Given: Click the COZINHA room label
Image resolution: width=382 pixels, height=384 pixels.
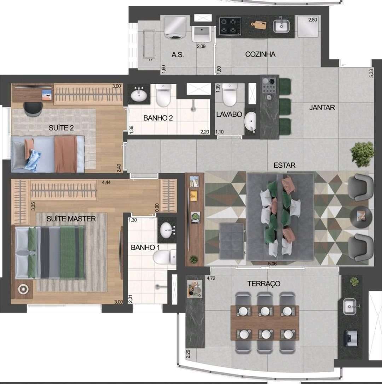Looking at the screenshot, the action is click(x=260, y=54).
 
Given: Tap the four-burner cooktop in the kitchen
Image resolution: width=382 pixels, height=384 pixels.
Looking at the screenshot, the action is click(x=230, y=27).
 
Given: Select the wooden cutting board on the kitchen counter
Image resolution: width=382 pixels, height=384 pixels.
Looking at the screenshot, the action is click(x=259, y=25).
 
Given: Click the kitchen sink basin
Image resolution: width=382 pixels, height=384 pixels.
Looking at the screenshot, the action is click(x=281, y=26).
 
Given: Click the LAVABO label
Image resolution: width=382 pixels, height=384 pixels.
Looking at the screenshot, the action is click(x=229, y=114).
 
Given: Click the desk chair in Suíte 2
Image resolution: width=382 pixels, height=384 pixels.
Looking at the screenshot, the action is click(x=33, y=109).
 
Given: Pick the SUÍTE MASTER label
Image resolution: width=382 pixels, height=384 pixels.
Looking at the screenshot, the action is click(x=71, y=219).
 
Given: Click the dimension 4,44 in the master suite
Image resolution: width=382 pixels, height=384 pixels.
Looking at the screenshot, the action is click(x=106, y=182).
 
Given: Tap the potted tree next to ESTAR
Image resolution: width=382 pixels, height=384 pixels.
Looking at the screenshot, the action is click(x=362, y=154).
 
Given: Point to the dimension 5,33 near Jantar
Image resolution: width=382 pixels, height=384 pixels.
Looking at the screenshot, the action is click(x=371, y=73).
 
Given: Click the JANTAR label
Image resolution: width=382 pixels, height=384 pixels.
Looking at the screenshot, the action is click(x=322, y=107).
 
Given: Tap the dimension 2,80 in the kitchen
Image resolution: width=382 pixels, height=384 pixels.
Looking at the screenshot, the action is click(x=313, y=20).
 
